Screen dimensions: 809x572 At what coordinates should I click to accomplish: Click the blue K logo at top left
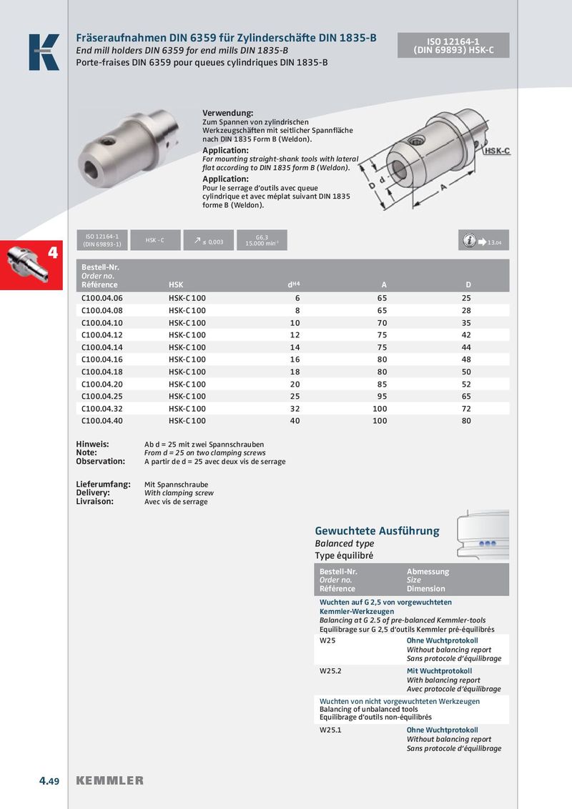point(44,52)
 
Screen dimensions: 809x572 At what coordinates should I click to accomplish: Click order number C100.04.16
point(102,359)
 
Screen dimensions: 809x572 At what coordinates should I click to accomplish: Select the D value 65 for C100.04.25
point(466,396)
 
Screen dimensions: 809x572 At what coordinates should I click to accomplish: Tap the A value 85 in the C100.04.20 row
point(382,384)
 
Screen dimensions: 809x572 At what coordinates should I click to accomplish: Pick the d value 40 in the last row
point(295,421)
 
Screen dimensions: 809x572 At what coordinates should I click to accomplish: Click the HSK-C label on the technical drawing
point(496,152)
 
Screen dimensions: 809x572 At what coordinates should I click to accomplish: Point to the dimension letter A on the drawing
point(445,187)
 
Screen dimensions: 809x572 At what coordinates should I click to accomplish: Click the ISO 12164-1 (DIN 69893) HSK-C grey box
point(453,46)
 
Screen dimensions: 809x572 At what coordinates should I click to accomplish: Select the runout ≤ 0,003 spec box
point(208,241)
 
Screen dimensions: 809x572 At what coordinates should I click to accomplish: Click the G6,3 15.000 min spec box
point(261,240)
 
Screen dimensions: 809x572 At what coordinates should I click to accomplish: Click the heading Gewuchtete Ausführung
point(377,531)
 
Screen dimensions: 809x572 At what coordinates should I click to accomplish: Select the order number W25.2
point(330,672)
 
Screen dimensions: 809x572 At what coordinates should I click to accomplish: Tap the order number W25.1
point(330,730)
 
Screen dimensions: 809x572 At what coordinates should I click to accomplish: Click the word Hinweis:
point(92,444)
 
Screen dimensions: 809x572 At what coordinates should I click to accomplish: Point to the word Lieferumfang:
point(104,484)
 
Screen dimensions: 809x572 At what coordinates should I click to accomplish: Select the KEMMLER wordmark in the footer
point(109,780)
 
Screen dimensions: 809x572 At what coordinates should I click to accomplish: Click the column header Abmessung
point(428,572)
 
